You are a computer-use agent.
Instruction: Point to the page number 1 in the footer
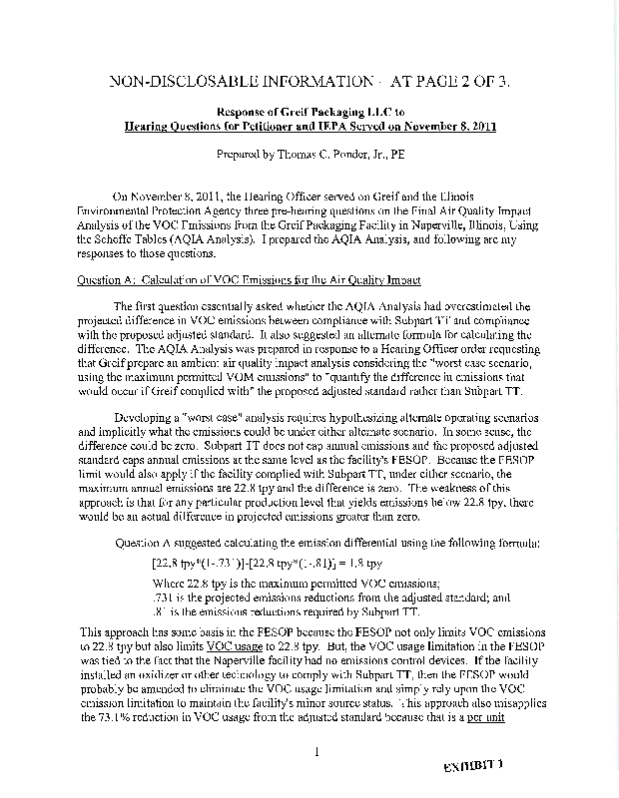point(314,752)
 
